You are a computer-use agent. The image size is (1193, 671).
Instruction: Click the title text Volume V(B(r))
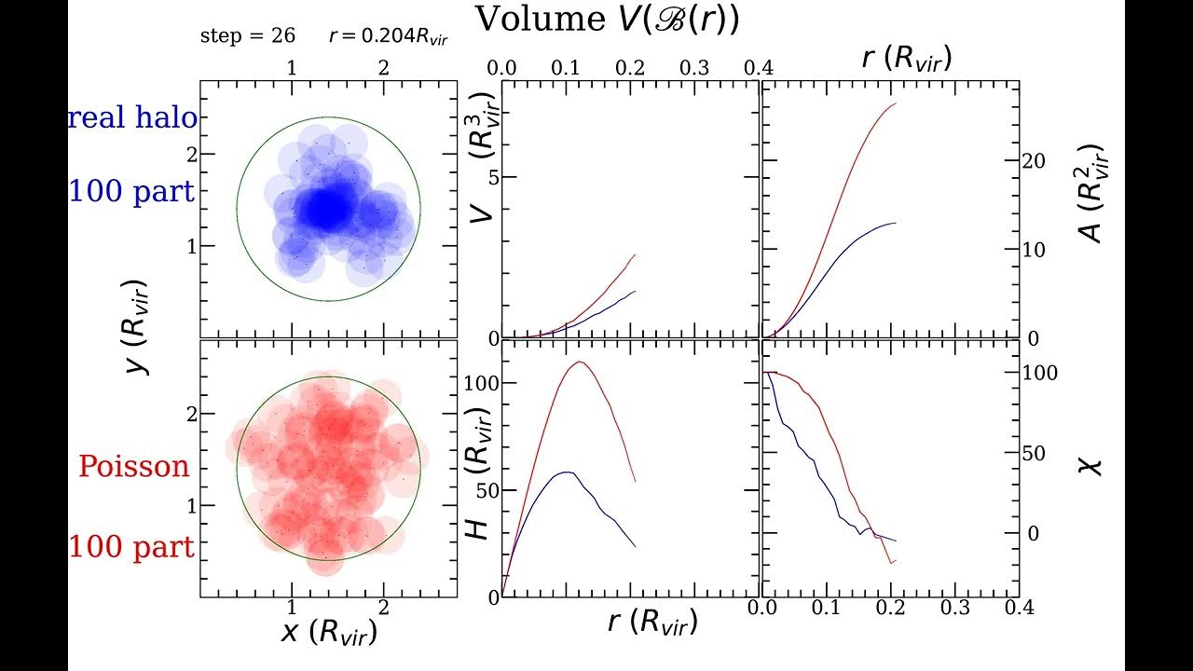tap(607, 20)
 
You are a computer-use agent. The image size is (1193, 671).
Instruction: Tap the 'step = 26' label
tap(247, 36)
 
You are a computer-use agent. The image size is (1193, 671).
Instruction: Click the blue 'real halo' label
tap(132, 118)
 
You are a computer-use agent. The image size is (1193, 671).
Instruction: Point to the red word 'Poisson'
tap(133, 466)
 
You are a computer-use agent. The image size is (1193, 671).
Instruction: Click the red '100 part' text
tap(131, 547)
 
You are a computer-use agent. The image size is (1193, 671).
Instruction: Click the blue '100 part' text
tap(131, 193)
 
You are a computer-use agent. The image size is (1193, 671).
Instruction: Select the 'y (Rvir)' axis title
tap(138, 326)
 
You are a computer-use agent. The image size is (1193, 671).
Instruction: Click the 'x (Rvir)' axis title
tap(329, 632)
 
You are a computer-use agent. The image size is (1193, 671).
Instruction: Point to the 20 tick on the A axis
tap(1034, 161)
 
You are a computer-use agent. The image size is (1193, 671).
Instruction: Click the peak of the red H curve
tap(580, 362)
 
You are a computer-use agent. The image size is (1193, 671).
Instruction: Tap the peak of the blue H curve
tap(566, 472)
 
